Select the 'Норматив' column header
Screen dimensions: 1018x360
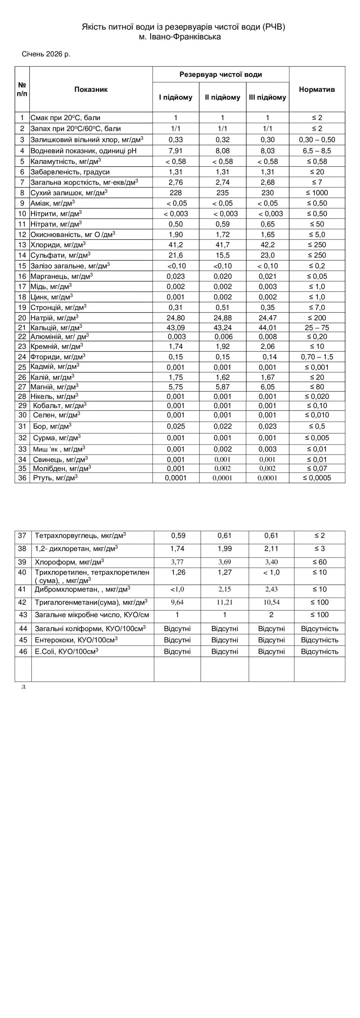pos(317,89)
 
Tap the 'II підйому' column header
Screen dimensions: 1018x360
pos(222,97)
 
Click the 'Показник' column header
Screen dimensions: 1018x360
pos(91,89)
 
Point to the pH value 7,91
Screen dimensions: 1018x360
pos(175,151)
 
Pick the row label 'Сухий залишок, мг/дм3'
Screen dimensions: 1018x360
pos(69,193)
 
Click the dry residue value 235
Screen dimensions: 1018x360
pos(222,193)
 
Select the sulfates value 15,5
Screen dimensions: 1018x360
pos(222,255)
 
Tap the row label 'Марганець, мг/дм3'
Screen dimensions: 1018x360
pos(62,276)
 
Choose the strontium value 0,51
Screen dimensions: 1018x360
pos(222,307)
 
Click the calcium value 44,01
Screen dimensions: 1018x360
pos(268,328)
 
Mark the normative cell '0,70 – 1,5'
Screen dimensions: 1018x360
pos(317,357)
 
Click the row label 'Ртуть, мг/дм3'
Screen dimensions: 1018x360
pos(54,478)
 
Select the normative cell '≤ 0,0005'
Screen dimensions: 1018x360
pos(317,478)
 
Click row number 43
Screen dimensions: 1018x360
pos(23,615)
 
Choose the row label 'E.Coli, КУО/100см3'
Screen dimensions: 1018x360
pos(67,651)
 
